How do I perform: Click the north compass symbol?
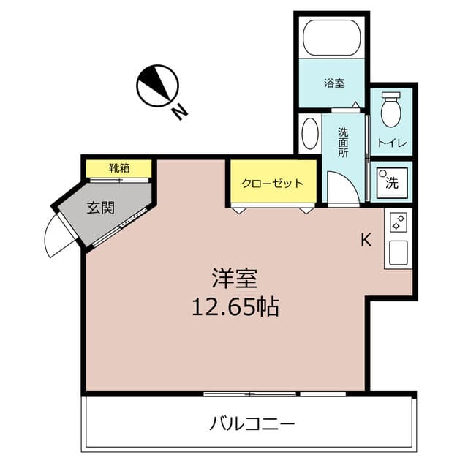[x=157, y=86]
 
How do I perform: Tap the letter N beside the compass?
[x=179, y=111]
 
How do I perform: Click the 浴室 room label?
[x=335, y=83]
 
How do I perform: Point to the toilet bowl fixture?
[x=392, y=110]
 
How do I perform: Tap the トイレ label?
[x=392, y=142]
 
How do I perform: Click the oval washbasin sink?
[x=310, y=134]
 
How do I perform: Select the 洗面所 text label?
[x=343, y=144]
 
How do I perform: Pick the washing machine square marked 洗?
[x=392, y=182]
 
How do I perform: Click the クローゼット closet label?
[x=272, y=183]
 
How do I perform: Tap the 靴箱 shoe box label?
[x=119, y=168]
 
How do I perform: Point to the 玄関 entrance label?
[x=101, y=208]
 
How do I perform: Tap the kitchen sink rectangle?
[x=399, y=254]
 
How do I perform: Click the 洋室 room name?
[x=234, y=278]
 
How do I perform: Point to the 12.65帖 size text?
[x=234, y=307]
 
